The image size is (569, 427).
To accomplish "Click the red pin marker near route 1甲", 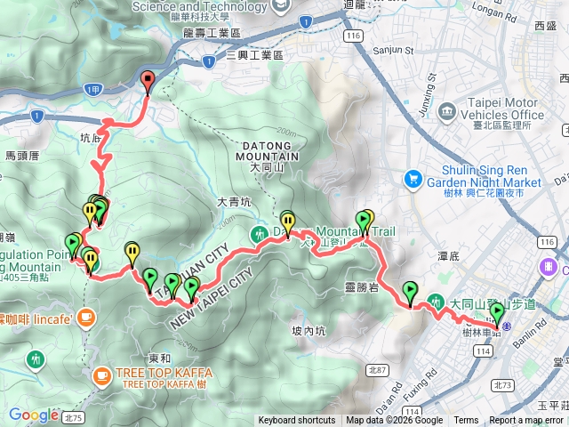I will [148, 80].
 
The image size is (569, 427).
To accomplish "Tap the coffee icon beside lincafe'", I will [85, 316].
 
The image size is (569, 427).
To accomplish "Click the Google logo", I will [34, 415].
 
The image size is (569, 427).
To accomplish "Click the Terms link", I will [466, 421].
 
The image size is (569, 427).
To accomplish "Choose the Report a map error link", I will [527, 421].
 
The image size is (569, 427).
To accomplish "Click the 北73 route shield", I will [502, 385].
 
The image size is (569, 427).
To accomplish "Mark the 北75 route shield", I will [73, 415].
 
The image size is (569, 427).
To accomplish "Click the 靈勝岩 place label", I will [361, 286].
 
